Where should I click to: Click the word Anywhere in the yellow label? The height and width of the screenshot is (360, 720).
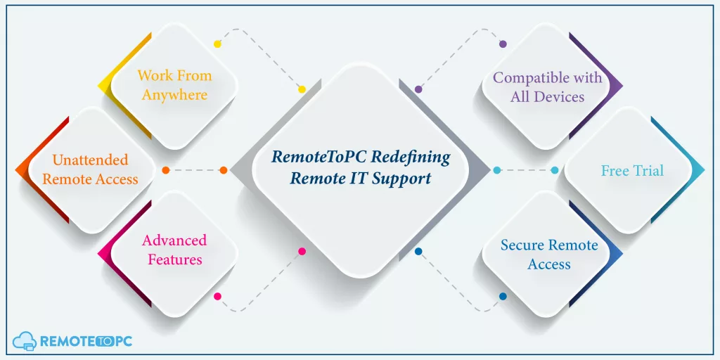(174, 95)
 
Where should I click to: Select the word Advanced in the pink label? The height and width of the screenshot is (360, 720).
(174, 240)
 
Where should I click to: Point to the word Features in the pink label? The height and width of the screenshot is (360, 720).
(175, 259)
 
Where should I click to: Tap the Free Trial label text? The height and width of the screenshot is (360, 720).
(632, 171)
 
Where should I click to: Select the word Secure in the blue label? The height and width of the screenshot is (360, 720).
(522, 245)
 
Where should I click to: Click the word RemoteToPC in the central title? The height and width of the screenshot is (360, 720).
(319, 157)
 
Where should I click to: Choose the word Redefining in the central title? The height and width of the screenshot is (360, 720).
(411, 157)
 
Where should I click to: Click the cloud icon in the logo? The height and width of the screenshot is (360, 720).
(25, 341)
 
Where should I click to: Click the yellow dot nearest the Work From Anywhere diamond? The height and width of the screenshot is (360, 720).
(218, 44)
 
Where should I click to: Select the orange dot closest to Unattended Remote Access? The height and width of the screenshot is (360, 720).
(166, 170)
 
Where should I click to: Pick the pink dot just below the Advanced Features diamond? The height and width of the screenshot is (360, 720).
(218, 297)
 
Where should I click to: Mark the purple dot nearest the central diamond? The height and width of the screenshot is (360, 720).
(418, 89)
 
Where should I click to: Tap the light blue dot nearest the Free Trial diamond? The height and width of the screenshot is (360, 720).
(555, 170)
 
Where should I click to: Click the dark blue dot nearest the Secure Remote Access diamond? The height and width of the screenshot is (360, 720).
(503, 297)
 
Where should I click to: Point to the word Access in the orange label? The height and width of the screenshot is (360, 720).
(115, 179)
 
